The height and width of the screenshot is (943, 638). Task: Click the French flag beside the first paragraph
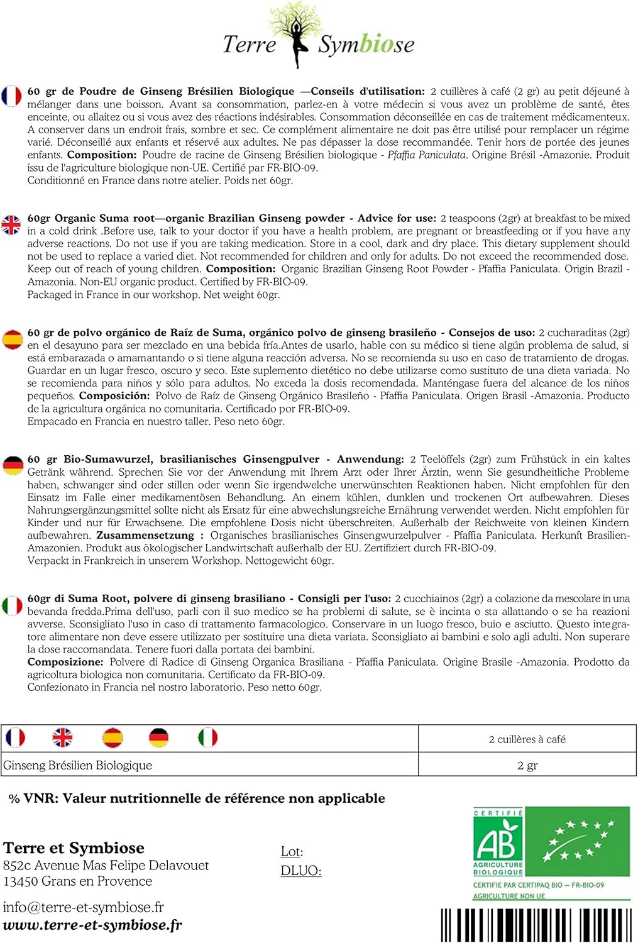pos(12,96)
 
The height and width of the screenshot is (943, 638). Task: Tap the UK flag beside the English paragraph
pos(11,224)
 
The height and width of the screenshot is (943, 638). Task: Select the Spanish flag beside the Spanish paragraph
pos(12,339)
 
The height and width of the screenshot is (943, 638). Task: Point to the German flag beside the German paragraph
pos(13,466)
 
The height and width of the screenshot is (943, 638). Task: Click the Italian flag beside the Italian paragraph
pos(12,605)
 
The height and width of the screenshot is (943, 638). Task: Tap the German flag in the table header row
pos(158,737)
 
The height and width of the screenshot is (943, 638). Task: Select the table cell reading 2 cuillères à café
pos(527,739)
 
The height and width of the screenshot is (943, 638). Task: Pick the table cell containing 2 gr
pos(527,765)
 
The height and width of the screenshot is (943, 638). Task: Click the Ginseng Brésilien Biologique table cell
pos(78,765)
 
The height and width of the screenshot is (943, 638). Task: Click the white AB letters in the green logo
pos(497,840)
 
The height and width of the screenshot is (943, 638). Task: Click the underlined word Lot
pos(291,852)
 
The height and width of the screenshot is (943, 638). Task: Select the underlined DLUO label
pos(300,871)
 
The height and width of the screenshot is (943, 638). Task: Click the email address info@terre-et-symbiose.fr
pos(83,907)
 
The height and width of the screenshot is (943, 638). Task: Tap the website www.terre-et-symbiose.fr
pos(92,925)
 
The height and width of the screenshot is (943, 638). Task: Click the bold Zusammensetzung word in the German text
pos(145,535)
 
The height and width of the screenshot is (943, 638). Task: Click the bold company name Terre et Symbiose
pos(74,848)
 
